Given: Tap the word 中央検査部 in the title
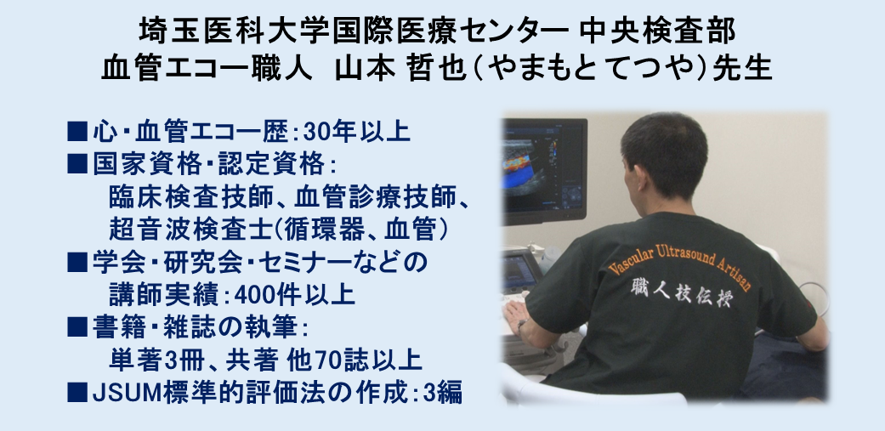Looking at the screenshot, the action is [x=657, y=31].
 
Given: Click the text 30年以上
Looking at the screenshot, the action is [x=356, y=132].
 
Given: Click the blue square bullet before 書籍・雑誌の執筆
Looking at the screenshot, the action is [x=77, y=327].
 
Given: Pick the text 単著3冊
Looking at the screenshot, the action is [x=158, y=360].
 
